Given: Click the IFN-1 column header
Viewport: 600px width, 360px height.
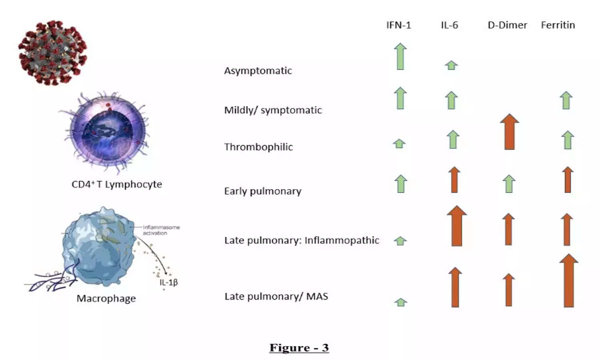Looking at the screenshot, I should coord(398,25).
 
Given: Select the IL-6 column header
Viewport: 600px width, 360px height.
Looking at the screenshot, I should coord(449,25).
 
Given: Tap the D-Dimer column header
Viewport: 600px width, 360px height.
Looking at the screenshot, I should coord(507,25).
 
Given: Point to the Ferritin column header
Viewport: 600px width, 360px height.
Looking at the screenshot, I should coord(558,25).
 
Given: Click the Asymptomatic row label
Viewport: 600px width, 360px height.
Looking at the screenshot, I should coord(258,71).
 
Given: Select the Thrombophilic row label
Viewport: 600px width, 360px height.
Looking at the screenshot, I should coord(258,147).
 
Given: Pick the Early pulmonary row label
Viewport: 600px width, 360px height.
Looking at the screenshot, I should coord(262,191).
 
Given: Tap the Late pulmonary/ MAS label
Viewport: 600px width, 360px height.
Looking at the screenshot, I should coord(276,296).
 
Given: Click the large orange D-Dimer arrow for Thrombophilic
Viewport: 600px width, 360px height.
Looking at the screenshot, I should coord(509,132).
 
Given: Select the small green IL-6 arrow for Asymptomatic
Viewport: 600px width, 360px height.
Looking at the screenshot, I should coord(451,65).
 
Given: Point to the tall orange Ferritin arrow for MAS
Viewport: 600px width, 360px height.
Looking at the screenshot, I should coord(568,281).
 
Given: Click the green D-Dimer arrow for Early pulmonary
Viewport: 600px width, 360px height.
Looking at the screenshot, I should coord(509,184).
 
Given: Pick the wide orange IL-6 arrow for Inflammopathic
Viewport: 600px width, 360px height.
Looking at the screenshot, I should coord(456,226).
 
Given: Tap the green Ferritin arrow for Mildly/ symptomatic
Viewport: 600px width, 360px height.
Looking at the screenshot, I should coord(566,100).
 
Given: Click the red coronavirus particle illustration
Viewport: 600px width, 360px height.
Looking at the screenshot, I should coord(52,52).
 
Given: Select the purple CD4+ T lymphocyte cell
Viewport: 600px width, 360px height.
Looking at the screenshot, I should coord(107,130).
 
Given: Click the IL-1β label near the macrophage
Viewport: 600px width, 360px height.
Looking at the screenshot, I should coord(168,282).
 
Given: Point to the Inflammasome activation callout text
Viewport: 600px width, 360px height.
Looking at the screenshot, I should coord(161,230).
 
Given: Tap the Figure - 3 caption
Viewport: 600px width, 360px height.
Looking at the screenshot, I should coord(299,348).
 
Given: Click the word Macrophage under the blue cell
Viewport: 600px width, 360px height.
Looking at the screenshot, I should coord(106,298).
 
